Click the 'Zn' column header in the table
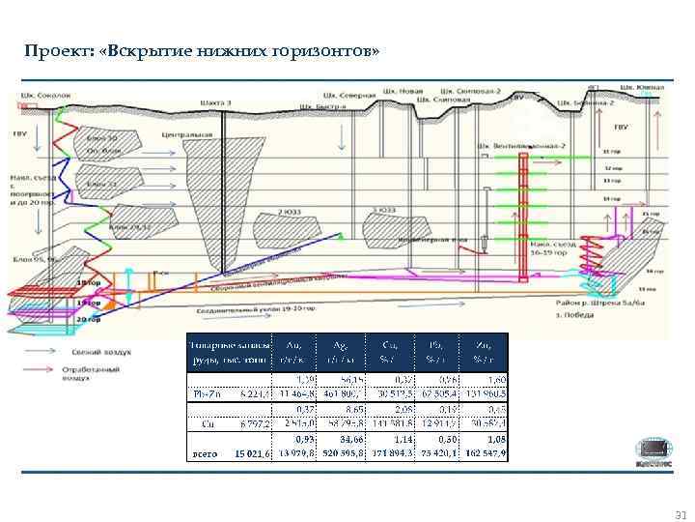(x=482, y=348)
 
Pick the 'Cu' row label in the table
(x=206, y=422)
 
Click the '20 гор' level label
(x=90, y=317)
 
